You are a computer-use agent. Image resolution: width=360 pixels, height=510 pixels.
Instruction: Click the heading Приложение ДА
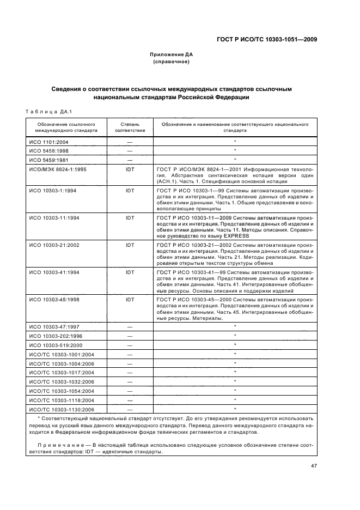pos(171,54)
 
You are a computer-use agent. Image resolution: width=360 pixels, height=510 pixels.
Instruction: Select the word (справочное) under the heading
pos(171,62)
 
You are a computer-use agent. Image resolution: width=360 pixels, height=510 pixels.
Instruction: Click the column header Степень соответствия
pos(130,127)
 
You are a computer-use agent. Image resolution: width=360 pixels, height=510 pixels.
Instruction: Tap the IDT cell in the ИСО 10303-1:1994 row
pos(130,191)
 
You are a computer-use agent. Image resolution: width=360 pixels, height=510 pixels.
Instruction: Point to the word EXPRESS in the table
pos(234,235)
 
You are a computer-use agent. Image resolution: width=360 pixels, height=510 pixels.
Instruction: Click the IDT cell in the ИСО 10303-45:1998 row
pos(130,299)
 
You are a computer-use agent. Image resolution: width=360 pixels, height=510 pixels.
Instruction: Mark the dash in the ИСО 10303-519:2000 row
pos(130,344)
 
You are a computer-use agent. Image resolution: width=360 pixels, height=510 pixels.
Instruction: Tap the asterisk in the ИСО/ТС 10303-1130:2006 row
pos(235,409)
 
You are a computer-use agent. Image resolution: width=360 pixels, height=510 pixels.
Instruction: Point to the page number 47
pos(314,466)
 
